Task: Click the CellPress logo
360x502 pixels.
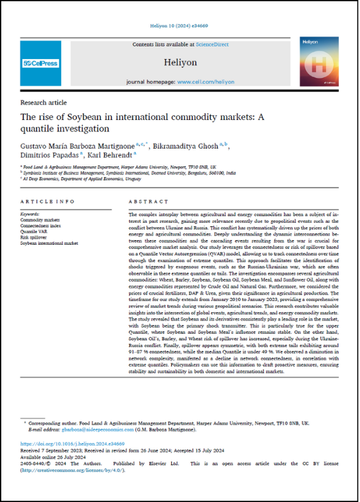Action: click(41, 64)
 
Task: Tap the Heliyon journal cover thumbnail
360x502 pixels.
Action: click(318, 62)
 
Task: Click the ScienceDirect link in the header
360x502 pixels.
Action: click(213, 44)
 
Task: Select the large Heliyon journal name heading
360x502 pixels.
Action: click(181, 62)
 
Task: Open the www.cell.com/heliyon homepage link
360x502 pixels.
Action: click(206, 82)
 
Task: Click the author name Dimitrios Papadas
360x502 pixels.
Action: click(48, 156)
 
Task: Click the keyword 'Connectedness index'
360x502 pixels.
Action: click(40, 225)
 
